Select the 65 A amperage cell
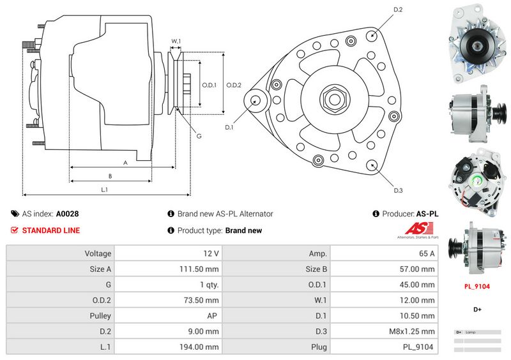427,253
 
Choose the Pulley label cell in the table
100,316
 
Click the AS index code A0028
68,214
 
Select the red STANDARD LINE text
51,230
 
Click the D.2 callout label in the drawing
398,10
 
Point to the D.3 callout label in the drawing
398,190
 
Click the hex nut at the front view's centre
335,99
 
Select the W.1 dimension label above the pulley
176,42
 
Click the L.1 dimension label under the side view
104,190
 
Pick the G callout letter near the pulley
199,136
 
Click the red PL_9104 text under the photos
477,287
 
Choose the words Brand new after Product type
243,230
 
